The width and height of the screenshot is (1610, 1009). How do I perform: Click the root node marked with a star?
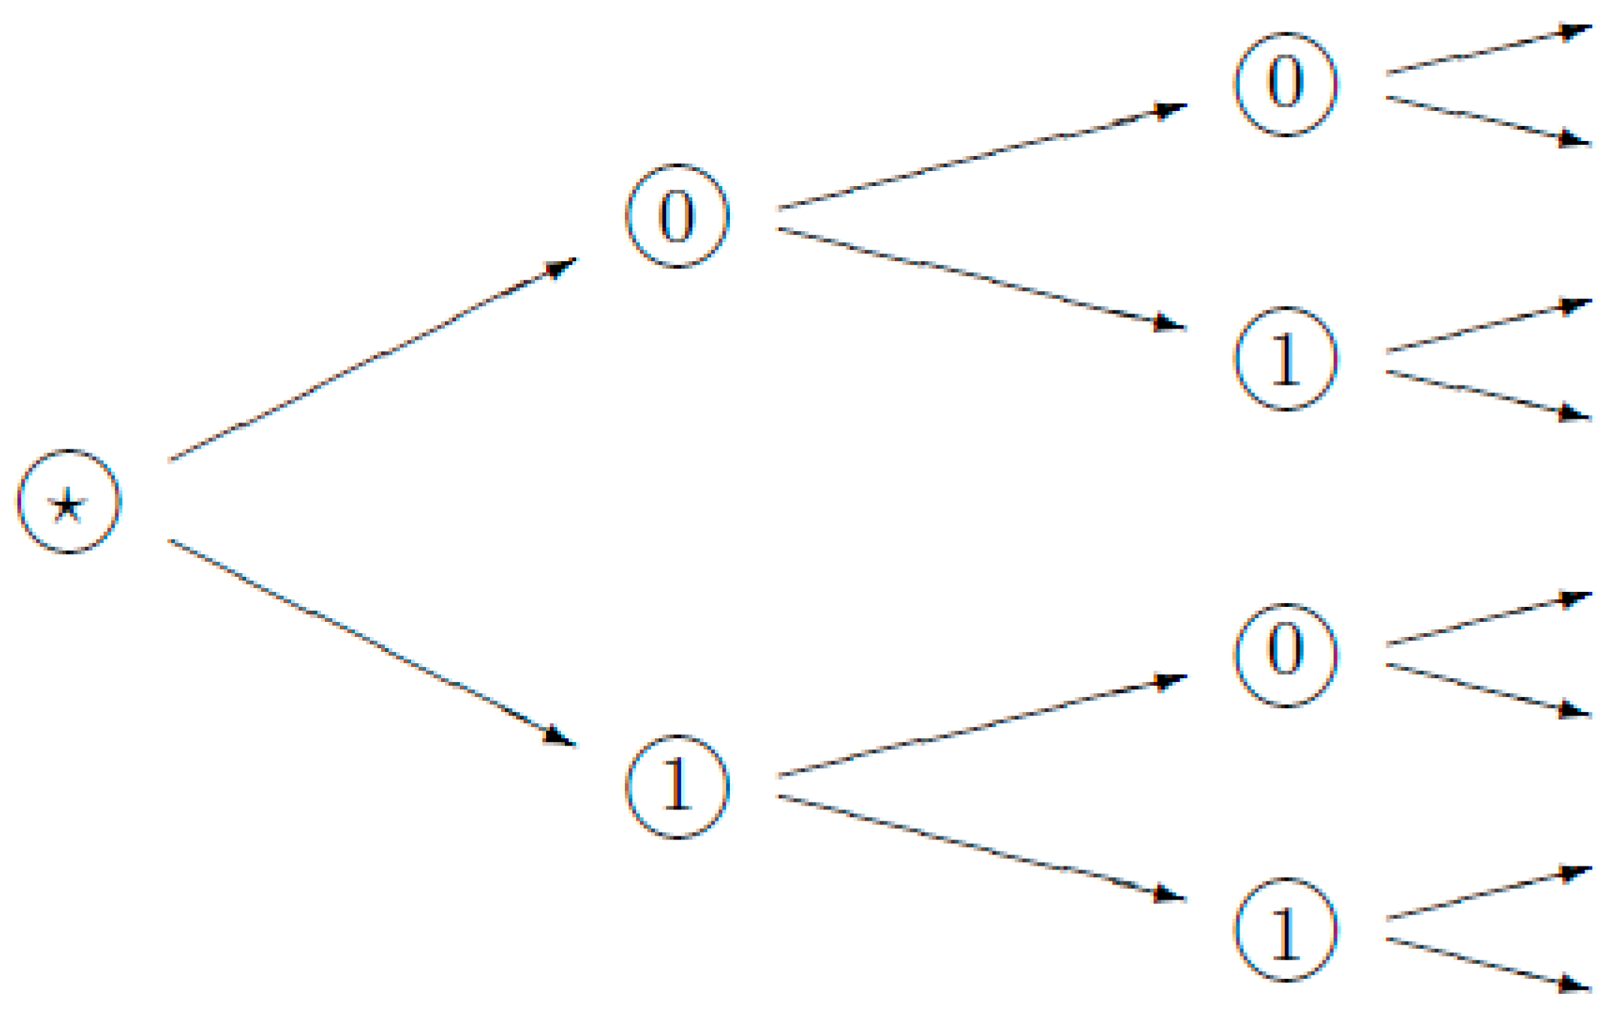(68, 502)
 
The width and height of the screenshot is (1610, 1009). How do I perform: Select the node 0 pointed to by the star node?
(677, 216)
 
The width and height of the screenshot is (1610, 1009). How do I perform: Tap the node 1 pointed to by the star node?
(677, 785)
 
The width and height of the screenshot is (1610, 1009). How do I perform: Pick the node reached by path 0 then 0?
(1285, 83)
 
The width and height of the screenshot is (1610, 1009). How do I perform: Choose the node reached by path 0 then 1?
(1285, 359)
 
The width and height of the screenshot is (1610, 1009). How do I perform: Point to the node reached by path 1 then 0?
(1285, 654)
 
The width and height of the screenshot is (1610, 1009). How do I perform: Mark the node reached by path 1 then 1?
(1285, 929)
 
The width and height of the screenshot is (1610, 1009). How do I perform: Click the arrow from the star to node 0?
(371, 359)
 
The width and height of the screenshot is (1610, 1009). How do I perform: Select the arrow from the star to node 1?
(371, 643)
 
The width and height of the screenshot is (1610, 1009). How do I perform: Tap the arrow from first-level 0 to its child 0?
(981, 157)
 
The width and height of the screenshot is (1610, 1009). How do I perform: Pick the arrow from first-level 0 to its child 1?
(981, 278)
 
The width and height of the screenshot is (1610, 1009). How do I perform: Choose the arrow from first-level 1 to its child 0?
(981, 727)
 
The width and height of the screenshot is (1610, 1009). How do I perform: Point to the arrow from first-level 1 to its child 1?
(981, 846)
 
